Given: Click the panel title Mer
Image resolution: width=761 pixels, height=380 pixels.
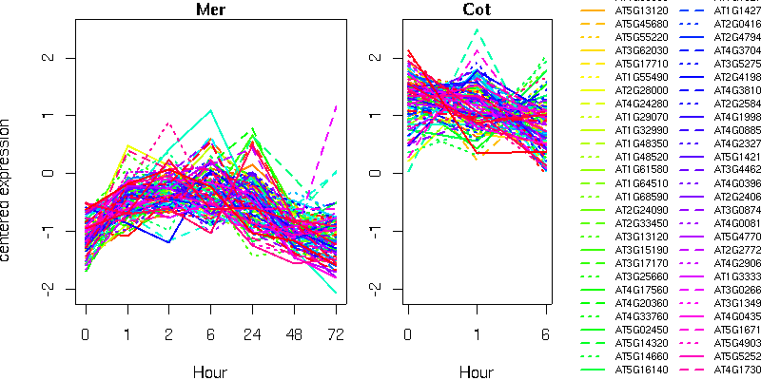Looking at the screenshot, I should [210, 10].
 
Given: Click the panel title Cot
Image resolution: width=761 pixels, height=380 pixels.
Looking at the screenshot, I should [478, 10].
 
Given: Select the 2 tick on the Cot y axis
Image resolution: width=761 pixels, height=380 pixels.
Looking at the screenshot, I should [377, 58].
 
